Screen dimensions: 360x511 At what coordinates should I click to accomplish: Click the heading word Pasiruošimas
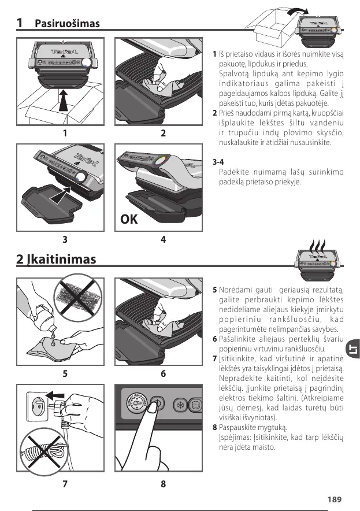point(67,24)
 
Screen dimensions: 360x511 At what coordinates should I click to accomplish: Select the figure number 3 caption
point(65,239)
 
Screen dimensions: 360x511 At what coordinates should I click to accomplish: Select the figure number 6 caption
point(164,374)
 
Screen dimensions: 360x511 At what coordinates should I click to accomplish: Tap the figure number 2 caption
point(164,133)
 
